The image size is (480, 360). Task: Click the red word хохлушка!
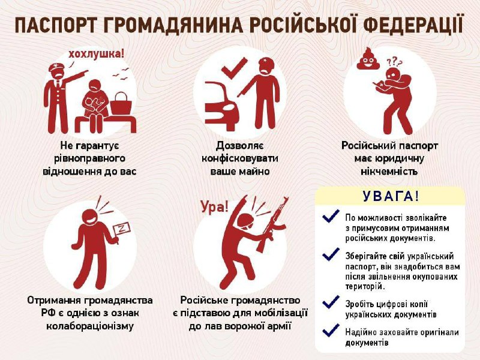pos(96,54)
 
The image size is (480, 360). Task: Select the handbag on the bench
pos(121,103)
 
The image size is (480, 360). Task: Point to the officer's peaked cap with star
pos(57,67)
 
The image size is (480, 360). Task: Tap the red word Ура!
pos(215,207)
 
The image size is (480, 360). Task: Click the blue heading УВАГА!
pos(391,196)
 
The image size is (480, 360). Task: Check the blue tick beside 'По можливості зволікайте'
pos(331,216)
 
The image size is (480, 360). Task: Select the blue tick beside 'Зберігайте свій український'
pos(331,254)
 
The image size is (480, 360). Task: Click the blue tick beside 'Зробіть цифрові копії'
pos(331,302)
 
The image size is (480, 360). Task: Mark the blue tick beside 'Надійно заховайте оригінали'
pos(331,330)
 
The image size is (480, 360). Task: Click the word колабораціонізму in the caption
pos(91,326)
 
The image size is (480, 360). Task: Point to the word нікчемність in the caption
pos(389,171)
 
